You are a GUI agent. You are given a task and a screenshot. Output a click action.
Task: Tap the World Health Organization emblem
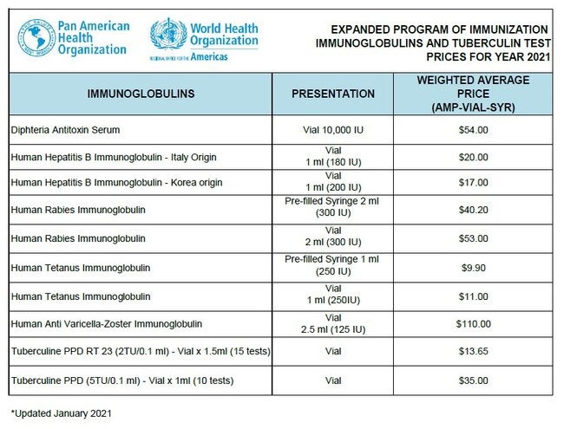click(167, 36)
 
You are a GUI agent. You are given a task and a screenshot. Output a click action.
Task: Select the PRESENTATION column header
click(332, 93)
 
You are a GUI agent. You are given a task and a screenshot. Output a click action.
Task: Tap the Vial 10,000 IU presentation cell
click(332, 130)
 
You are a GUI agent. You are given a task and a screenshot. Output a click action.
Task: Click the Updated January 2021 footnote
click(61, 413)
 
